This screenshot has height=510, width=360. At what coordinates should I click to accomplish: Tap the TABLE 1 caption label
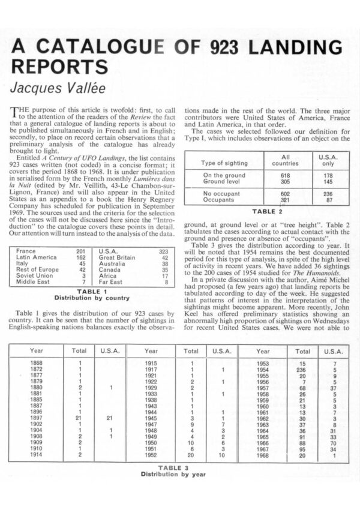click(x=92, y=291)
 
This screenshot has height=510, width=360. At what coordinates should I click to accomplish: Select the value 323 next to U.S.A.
click(x=163, y=251)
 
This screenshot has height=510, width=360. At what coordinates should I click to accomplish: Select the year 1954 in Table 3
click(x=263, y=370)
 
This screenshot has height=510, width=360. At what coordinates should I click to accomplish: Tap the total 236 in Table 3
click(x=302, y=370)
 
